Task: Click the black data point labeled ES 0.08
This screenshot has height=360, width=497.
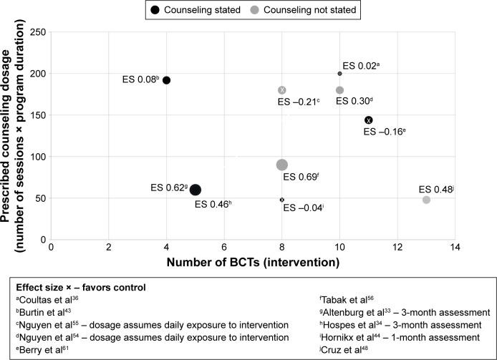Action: click(x=167, y=80)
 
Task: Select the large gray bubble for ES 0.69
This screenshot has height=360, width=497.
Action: click(x=282, y=165)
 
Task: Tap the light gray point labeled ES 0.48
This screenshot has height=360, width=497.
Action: click(x=426, y=200)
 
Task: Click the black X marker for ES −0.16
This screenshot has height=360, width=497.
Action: click(x=368, y=120)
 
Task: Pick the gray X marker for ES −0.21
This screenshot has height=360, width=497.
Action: click(x=282, y=90)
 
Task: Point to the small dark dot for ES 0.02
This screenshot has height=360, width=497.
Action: click(x=339, y=74)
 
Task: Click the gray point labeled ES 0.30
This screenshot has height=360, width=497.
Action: click(x=339, y=90)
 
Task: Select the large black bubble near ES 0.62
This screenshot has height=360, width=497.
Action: click(x=196, y=190)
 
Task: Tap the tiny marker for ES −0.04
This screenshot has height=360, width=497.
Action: click(x=282, y=200)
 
